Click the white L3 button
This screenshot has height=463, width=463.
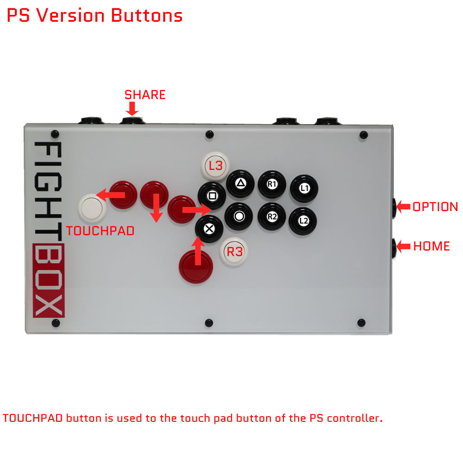(x=215, y=166)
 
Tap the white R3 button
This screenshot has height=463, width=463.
(x=234, y=251)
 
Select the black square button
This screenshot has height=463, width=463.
(x=212, y=196)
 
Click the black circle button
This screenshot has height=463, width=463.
(x=238, y=216)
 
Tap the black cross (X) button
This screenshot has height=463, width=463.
(x=209, y=229)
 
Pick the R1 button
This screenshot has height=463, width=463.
(x=272, y=184)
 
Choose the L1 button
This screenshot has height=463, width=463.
(x=304, y=188)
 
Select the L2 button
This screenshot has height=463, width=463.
(x=303, y=221)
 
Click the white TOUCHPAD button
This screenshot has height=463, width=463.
(x=92, y=208)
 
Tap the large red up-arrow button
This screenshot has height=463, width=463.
(x=196, y=267)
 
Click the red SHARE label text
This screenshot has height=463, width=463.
(x=145, y=95)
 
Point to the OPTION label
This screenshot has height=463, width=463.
(x=435, y=206)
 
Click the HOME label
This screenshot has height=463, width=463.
(x=432, y=246)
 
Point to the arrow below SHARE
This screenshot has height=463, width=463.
(x=132, y=109)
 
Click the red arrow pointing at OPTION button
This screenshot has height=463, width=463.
(x=403, y=206)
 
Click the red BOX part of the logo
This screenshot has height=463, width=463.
(x=49, y=280)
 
